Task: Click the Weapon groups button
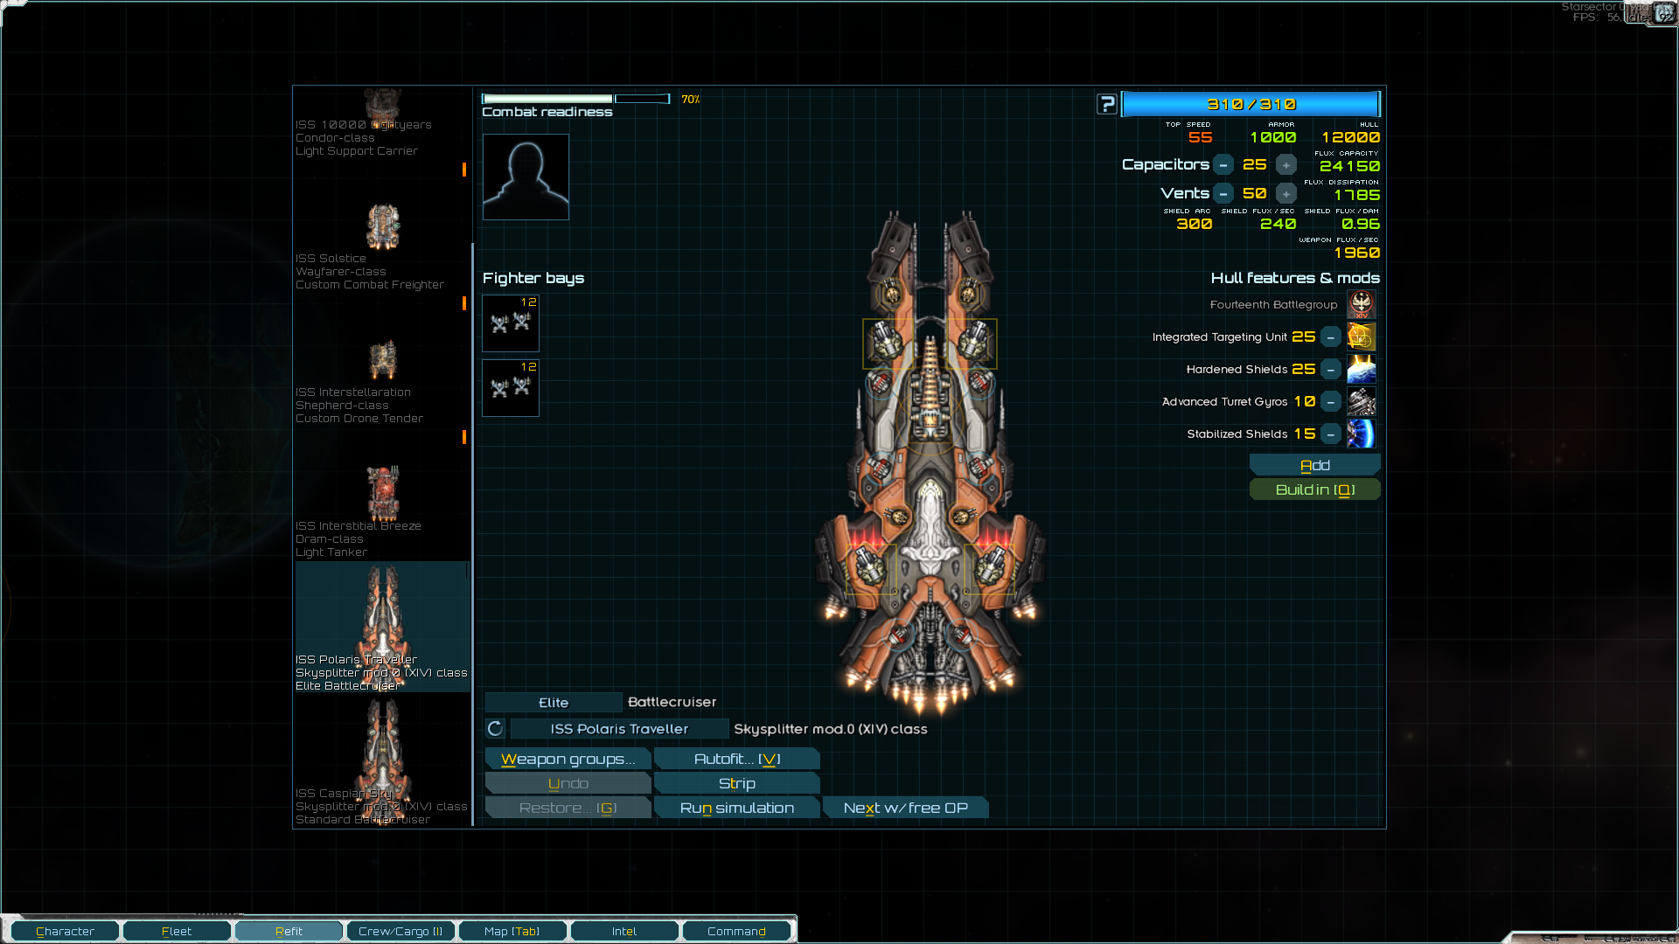click(x=568, y=759)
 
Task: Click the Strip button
click(x=736, y=783)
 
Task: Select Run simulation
click(x=736, y=808)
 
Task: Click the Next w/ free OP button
click(x=905, y=808)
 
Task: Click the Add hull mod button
click(x=1314, y=465)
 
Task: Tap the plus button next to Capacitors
click(x=1285, y=164)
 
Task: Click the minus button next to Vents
click(x=1223, y=193)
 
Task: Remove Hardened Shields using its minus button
click(x=1330, y=370)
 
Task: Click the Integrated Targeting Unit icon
click(x=1362, y=337)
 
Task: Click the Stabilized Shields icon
click(x=1362, y=434)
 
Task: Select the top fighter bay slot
click(x=511, y=323)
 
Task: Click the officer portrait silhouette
click(x=526, y=177)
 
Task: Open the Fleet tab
click(x=177, y=931)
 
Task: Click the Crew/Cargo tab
click(x=401, y=931)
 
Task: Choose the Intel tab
click(x=624, y=931)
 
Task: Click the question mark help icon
click(x=1107, y=104)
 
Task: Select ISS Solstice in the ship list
click(x=382, y=245)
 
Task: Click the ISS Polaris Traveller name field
click(x=619, y=728)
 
